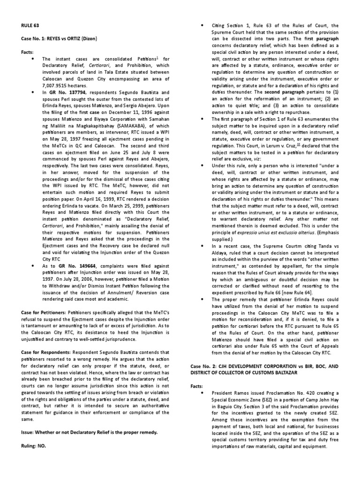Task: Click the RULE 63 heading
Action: (30, 27)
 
